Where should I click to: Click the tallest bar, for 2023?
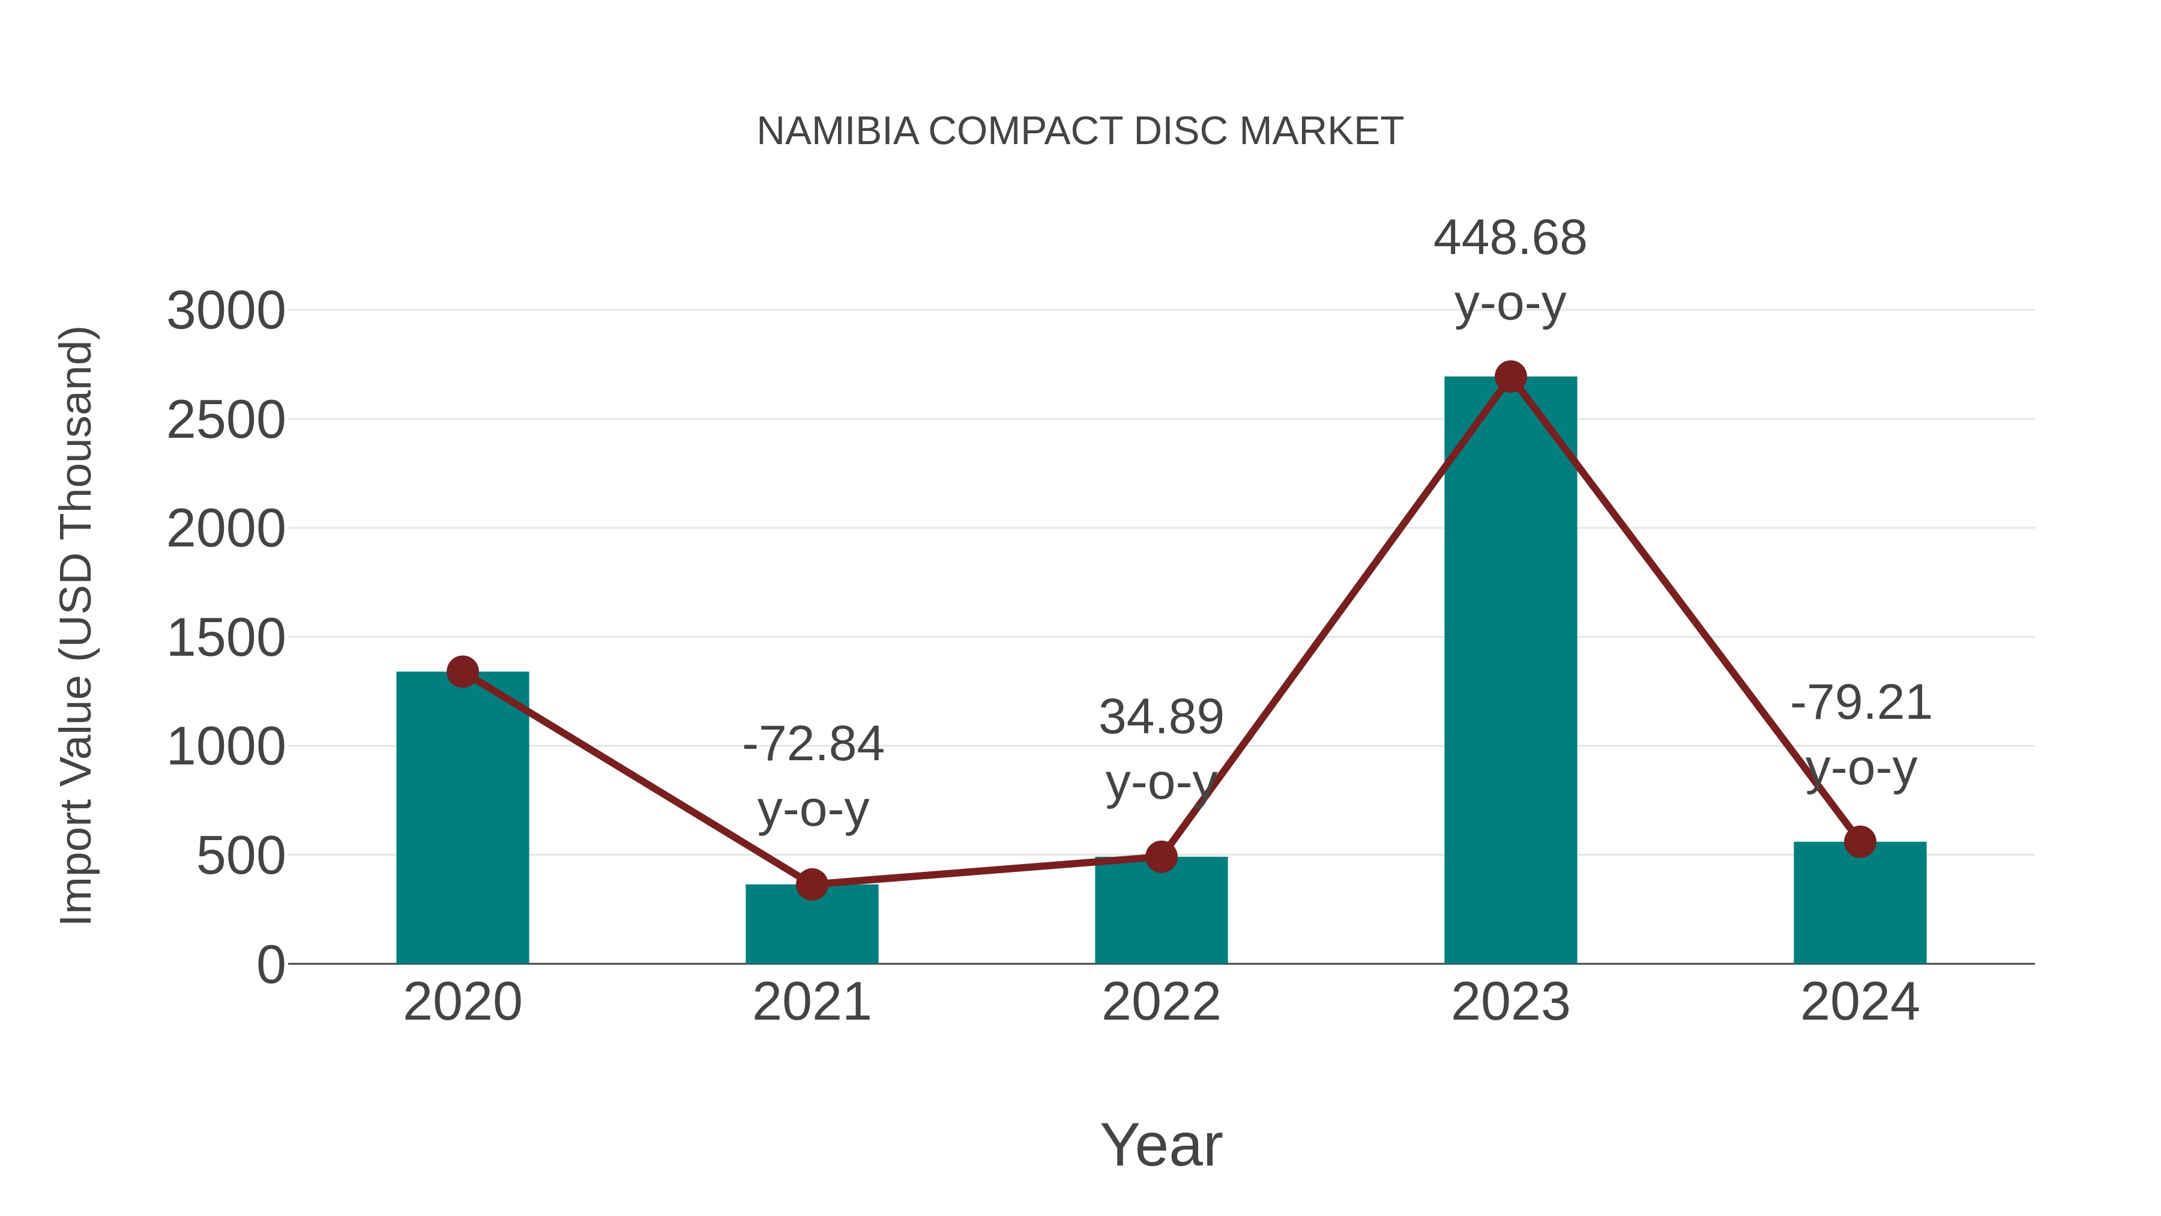1510,671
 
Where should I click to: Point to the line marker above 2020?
462,671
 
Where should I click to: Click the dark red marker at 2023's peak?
1510,377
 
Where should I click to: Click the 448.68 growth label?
1510,238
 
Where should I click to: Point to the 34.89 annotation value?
1161,718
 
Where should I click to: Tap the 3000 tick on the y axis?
226,311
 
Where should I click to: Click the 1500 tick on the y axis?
226,639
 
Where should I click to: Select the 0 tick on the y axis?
270,965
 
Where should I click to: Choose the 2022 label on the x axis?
1161,1002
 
